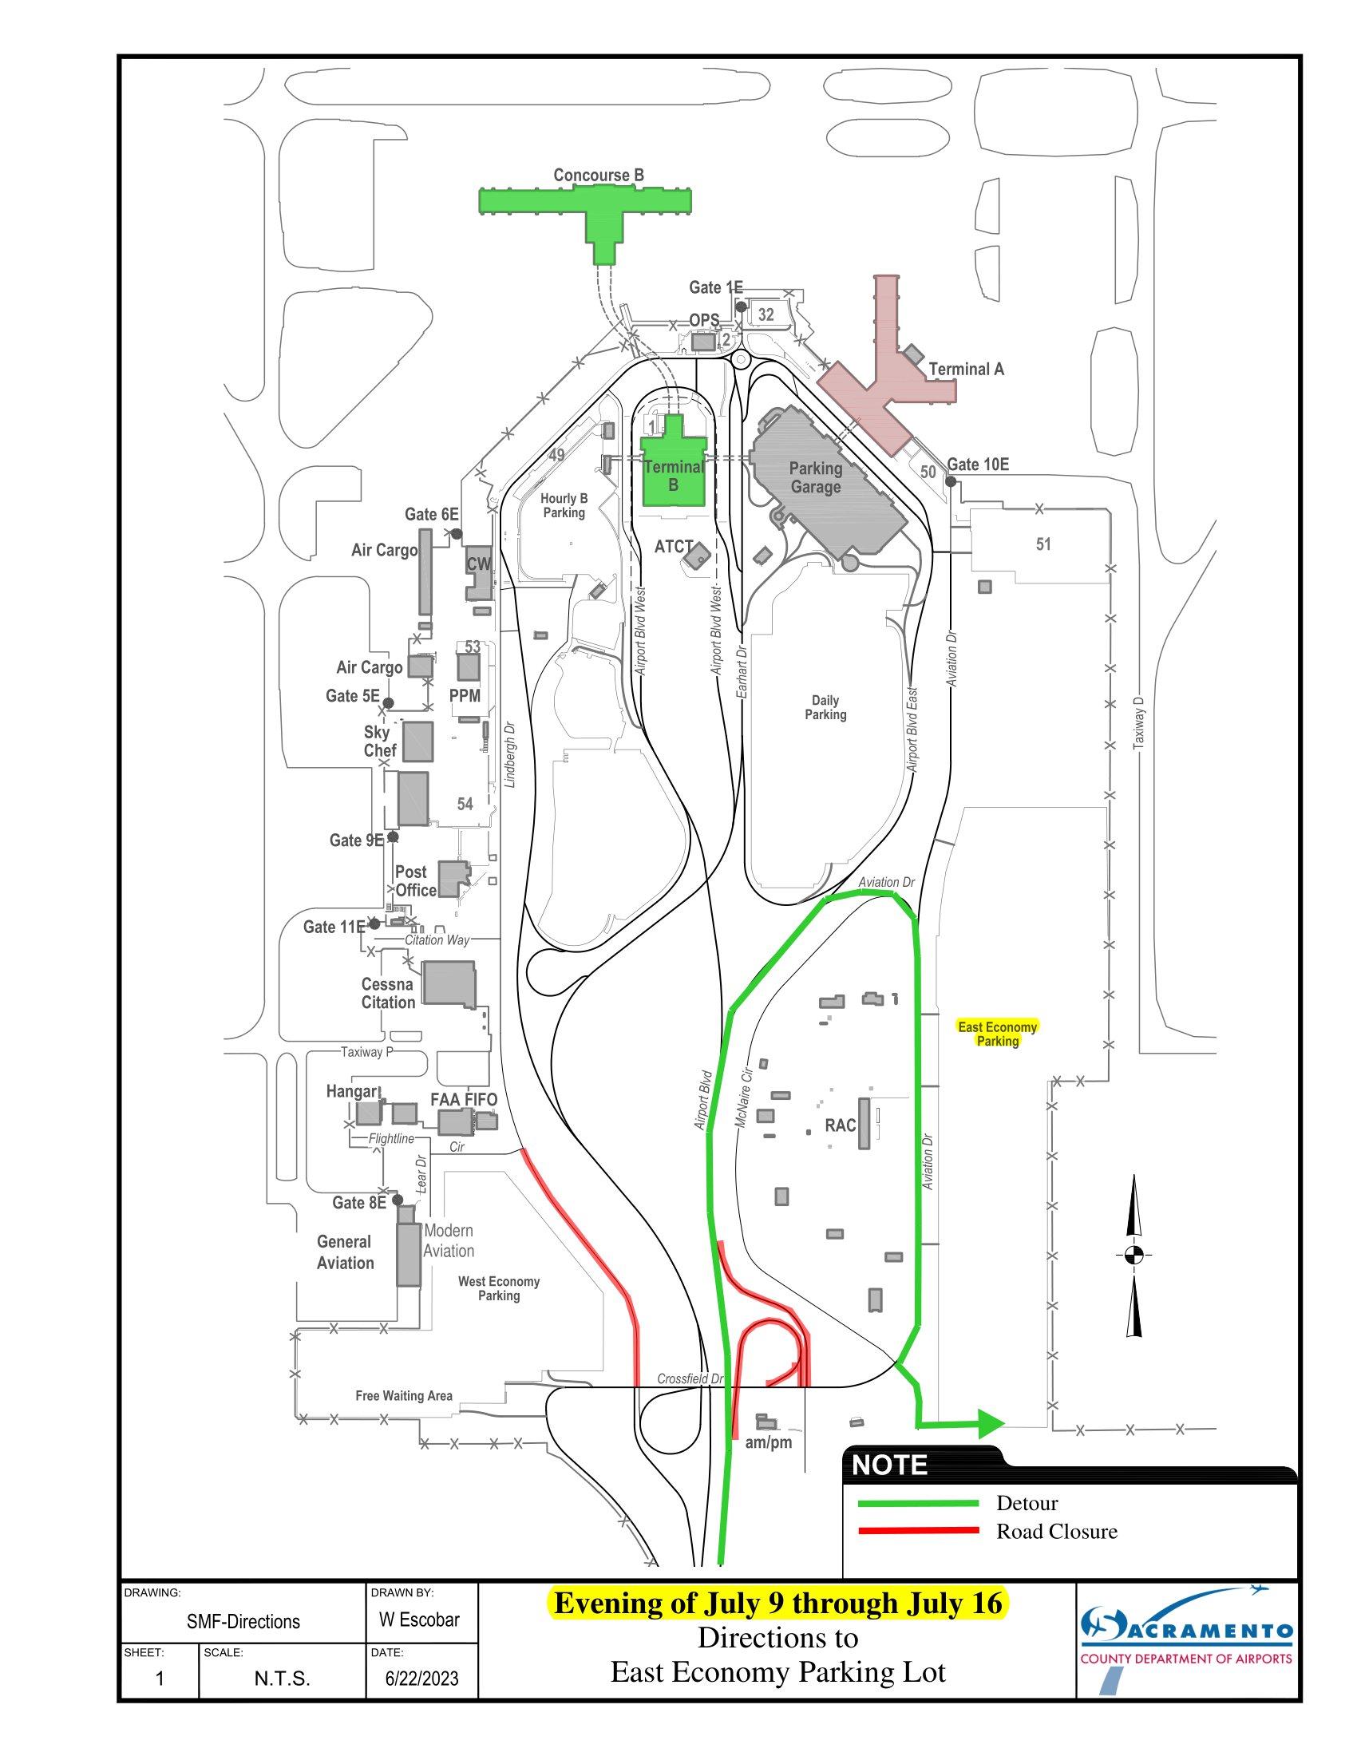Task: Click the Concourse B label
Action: [x=598, y=176]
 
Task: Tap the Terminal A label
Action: [x=966, y=369]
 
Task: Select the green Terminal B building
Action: [x=674, y=474]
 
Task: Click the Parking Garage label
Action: [x=815, y=477]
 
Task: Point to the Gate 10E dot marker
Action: [x=950, y=481]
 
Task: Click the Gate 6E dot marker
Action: [x=456, y=533]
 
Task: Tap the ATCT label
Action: [x=673, y=547]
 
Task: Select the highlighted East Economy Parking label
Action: [x=997, y=1033]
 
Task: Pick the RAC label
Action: [x=839, y=1125]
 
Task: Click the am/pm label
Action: [x=768, y=1442]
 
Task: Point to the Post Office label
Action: [x=415, y=881]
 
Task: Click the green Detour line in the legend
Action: [x=917, y=1503]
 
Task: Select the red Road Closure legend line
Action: [x=917, y=1531]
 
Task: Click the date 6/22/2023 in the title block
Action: [x=421, y=1678]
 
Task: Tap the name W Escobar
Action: [x=419, y=1620]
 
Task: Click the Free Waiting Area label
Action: [x=404, y=1396]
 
